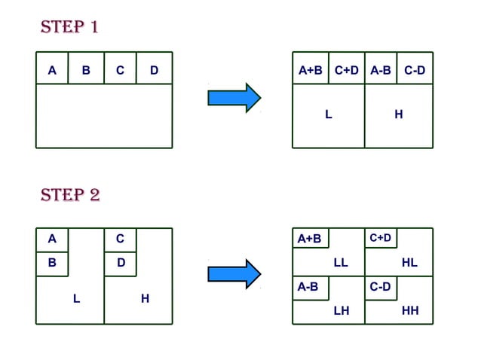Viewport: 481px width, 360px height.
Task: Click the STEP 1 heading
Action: pyautogui.click(x=69, y=28)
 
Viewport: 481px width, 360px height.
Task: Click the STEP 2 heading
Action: pyautogui.click(x=69, y=195)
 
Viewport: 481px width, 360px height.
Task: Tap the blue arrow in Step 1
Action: pyautogui.click(x=234, y=98)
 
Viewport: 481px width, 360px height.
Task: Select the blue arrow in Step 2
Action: pyautogui.click(x=234, y=273)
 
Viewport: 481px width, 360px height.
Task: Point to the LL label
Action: pyautogui.click(x=341, y=263)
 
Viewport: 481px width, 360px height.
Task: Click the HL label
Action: pyautogui.click(x=409, y=263)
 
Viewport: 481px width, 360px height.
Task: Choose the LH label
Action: pyautogui.click(x=341, y=310)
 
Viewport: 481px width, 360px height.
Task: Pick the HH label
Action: pyautogui.click(x=410, y=310)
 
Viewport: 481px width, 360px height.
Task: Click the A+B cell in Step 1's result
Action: pyautogui.click(x=311, y=70)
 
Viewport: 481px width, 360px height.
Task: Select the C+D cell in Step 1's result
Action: pyautogui.click(x=347, y=70)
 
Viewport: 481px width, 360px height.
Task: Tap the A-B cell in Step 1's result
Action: pyautogui.click(x=381, y=70)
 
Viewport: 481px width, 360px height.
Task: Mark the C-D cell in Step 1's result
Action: pyautogui.click(x=415, y=70)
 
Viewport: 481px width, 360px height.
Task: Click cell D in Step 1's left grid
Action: pyautogui.click(x=155, y=70)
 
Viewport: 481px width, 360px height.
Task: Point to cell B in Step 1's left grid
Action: pyautogui.click(x=86, y=70)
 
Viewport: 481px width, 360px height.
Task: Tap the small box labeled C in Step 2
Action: pyautogui.click(x=120, y=239)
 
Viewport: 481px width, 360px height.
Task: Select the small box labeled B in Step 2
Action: pyautogui.click(x=52, y=264)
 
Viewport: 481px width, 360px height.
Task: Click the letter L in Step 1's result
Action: pyautogui.click(x=328, y=114)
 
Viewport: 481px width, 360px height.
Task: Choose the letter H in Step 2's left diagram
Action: pyautogui.click(x=145, y=299)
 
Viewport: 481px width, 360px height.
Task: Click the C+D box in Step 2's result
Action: pyautogui.click(x=380, y=238)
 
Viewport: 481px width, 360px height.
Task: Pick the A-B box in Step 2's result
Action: pyautogui.click(x=309, y=287)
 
